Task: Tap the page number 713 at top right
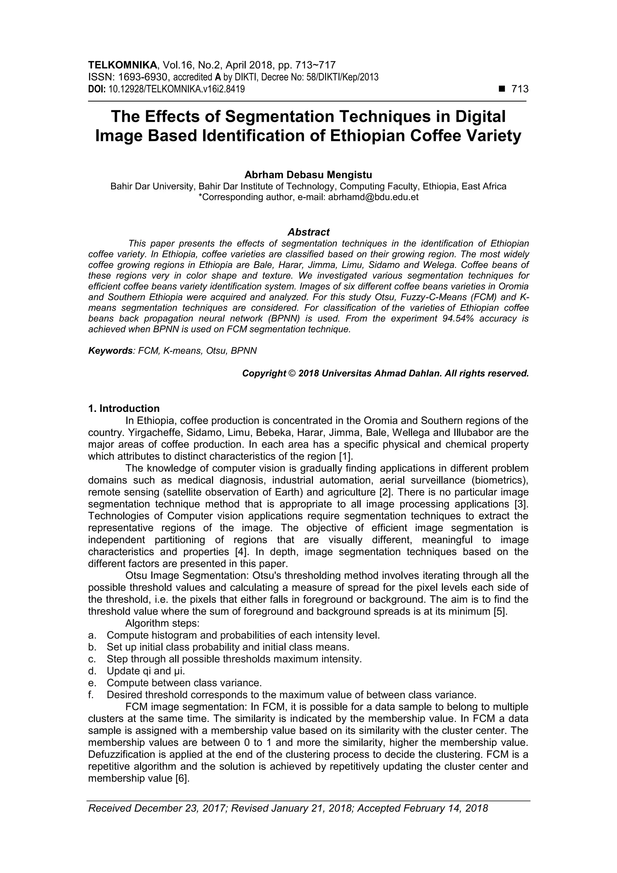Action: (x=520, y=89)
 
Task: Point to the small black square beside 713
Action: (x=502, y=89)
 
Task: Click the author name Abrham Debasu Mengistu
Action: (x=308, y=175)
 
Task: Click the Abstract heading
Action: (x=308, y=232)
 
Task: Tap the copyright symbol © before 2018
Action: (x=292, y=373)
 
